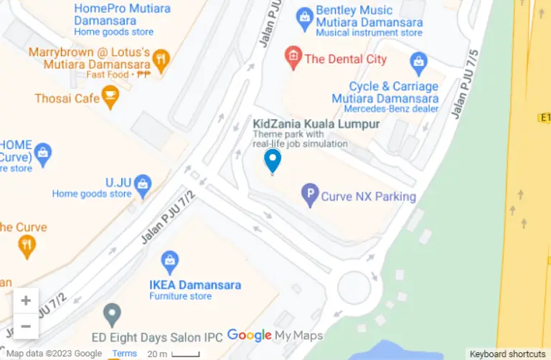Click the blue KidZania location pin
[273, 160]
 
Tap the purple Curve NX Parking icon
[310, 195]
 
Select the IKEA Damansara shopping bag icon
[170, 260]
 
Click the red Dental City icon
[293, 58]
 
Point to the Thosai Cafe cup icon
[110, 97]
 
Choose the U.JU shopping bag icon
[143, 183]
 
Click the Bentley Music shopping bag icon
[304, 15]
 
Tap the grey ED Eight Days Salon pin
[111, 314]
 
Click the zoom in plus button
[26, 300]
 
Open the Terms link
[124, 354]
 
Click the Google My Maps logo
[275, 335]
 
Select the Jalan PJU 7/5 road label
[465, 82]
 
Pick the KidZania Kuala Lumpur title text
[316, 124]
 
